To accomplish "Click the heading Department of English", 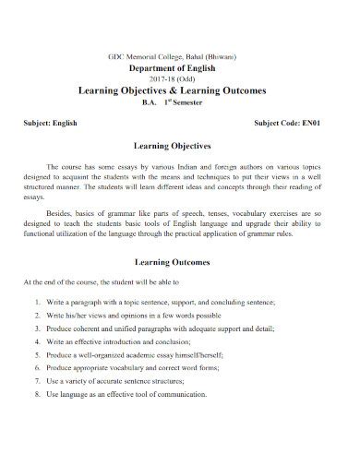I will [181, 67].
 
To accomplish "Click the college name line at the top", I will [181, 56].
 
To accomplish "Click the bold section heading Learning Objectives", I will [181, 147].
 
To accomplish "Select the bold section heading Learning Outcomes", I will [181, 262].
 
